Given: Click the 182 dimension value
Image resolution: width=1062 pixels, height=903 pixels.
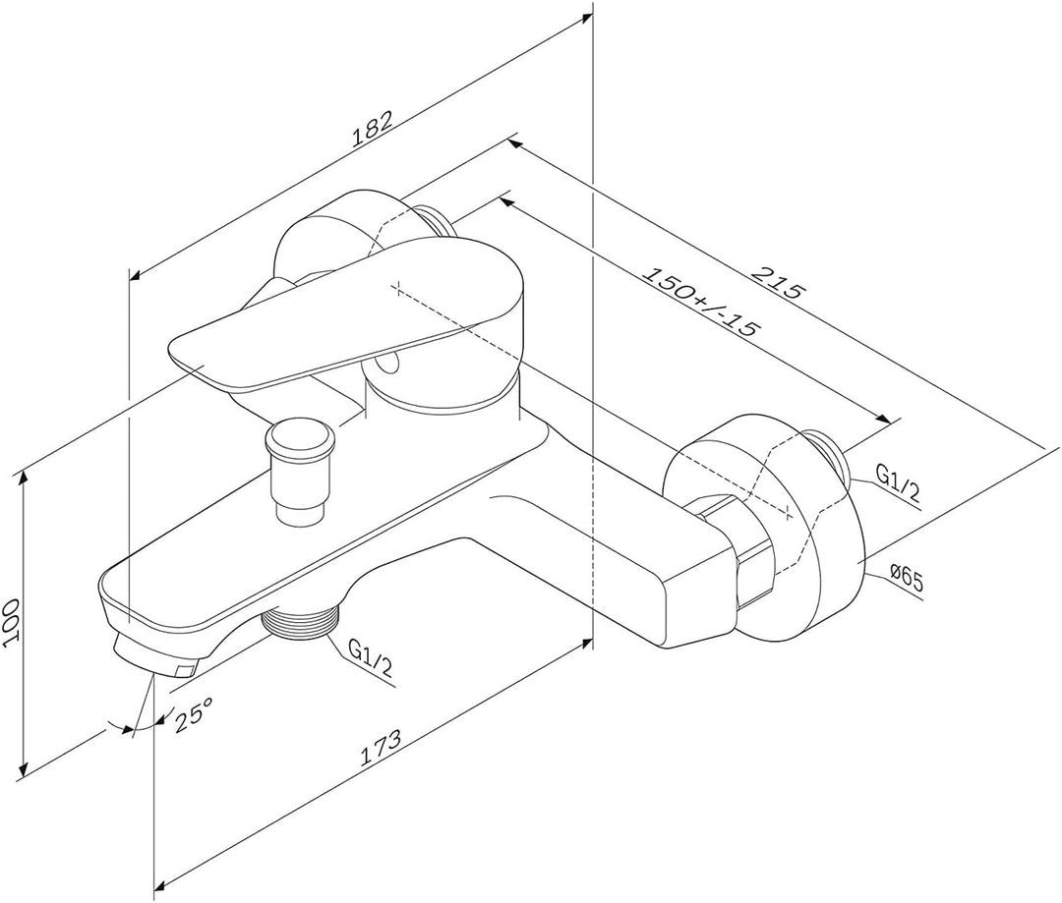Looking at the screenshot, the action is (373, 129).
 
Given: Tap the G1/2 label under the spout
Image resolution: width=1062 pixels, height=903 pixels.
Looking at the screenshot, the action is (370, 657).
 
